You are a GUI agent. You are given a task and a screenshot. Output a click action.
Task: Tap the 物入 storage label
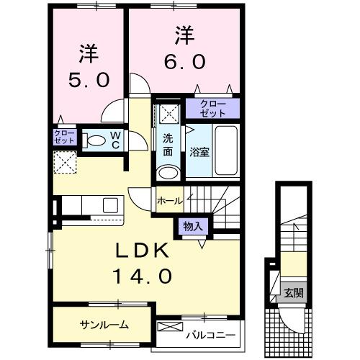(x=193, y=226)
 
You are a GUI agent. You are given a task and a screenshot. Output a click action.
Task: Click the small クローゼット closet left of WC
(x=63, y=138)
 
